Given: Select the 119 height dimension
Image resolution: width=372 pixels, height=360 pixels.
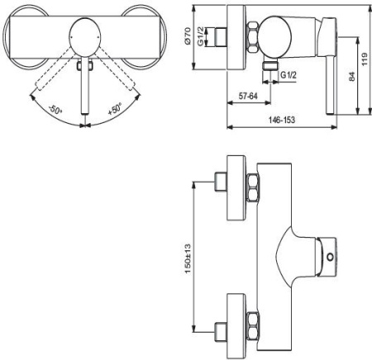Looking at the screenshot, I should [365, 59].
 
